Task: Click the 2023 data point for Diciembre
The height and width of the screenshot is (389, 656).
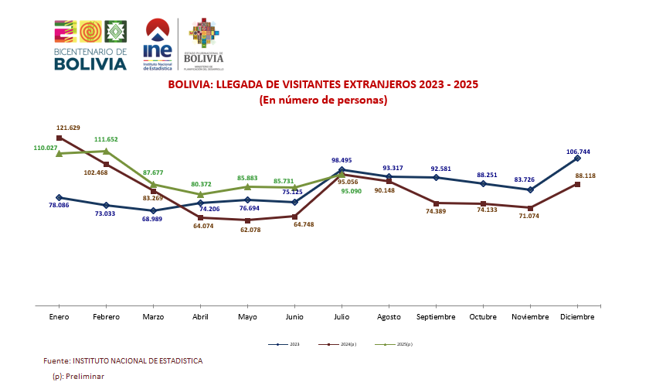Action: coord(577,158)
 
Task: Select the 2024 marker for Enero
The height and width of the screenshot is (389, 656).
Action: coord(59,138)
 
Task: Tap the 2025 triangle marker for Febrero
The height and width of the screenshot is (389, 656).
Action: coord(106,151)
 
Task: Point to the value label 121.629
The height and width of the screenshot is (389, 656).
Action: coord(69,128)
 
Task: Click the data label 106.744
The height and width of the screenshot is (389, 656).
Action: coord(579,152)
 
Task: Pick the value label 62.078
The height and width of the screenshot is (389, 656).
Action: coord(247,230)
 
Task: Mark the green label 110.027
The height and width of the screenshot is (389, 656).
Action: coord(46,147)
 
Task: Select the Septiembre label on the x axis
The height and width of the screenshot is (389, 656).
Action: coord(437,317)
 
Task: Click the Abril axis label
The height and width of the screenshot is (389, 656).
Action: coord(200,317)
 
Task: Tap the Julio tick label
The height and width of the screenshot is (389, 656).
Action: coord(342,317)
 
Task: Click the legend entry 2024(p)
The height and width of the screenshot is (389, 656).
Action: coord(341,344)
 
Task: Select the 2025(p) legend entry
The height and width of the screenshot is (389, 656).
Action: coord(396,344)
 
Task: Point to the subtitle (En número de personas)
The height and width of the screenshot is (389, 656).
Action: coord(323,100)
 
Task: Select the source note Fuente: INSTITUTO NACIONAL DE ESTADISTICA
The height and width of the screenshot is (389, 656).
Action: coord(124,361)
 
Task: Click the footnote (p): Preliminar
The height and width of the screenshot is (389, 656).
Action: coord(78,376)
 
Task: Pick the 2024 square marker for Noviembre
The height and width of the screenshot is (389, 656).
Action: coord(530,208)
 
